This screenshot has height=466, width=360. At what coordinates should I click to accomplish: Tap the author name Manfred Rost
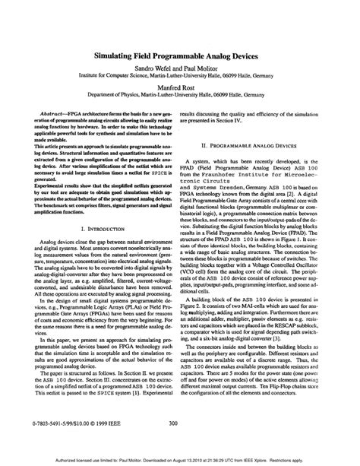pos(180,87)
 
